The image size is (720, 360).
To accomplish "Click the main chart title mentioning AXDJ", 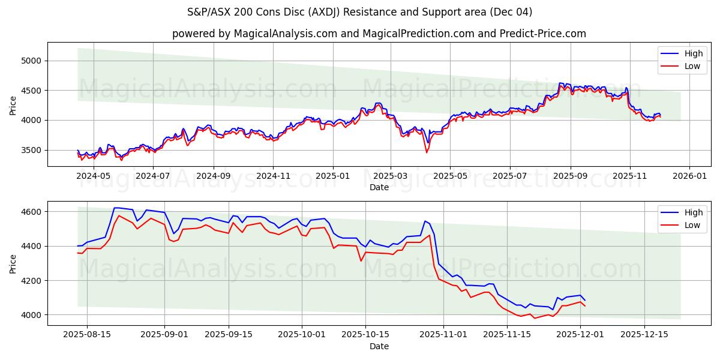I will tap(359, 12).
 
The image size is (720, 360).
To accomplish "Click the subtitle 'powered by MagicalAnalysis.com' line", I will tap(379, 34).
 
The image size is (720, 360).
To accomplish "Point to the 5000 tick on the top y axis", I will tap(31, 61).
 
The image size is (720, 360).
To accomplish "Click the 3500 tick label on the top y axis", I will tap(31, 150).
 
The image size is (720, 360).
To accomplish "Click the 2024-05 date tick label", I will tap(94, 176).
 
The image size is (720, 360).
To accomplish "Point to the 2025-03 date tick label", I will tap(391, 176).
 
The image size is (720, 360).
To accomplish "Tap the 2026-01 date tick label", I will tap(689, 176).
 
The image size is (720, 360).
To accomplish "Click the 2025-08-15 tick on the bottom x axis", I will tap(87, 335).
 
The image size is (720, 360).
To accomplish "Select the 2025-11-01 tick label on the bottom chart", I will tap(443, 335).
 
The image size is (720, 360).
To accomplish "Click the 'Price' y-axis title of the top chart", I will tap(13, 105).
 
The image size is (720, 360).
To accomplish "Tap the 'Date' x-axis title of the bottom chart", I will tap(379, 346).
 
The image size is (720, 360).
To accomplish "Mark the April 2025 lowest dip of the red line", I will tap(427, 152).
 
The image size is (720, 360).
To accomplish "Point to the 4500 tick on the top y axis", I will tap(31, 91).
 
